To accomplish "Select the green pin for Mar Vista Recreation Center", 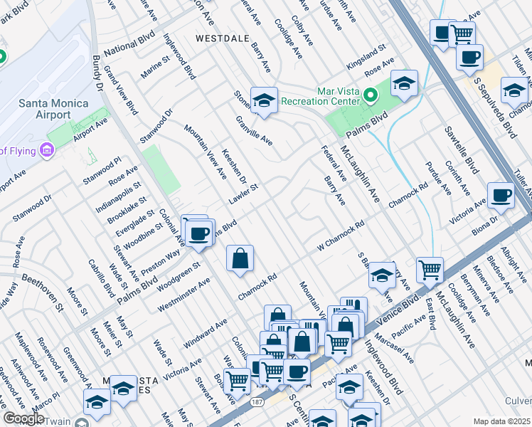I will (x=370, y=95).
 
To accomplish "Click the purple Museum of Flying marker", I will (x=47, y=150).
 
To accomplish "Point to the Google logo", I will (x=23, y=418).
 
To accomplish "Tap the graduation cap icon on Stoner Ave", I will (x=263, y=101).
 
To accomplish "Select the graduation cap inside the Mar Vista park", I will (x=403, y=84).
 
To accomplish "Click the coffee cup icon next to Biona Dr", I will (x=501, y=196).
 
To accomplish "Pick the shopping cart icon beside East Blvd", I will (x=430, y=270).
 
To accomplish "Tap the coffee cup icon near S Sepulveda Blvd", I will (x=469, y=58).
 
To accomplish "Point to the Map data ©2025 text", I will (x=501, y=421).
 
